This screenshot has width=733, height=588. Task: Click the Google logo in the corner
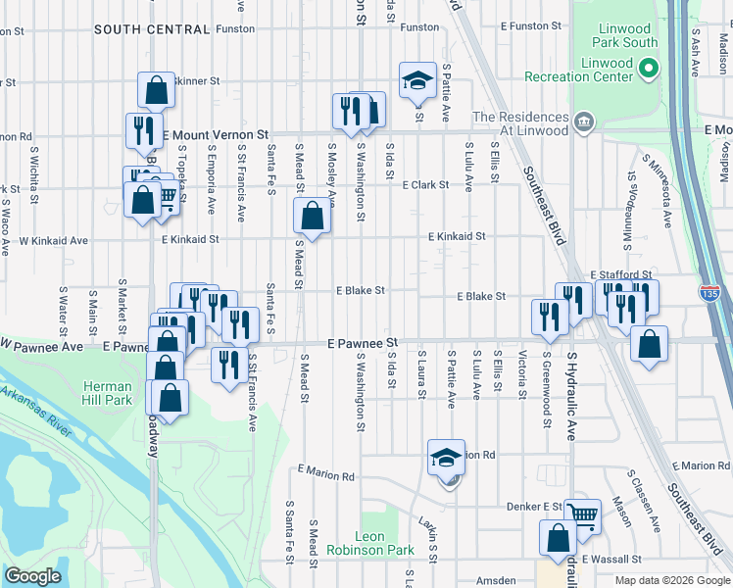point(32,576)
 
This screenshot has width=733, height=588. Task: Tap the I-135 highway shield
point(709,292)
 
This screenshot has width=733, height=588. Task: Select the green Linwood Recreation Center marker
point(648,68)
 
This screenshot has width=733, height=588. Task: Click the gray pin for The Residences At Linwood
point(584,122)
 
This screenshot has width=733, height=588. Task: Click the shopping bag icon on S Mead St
point(312,216)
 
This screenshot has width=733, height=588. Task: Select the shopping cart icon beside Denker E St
point(582,515)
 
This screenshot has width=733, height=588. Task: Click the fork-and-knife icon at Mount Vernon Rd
point(144,130)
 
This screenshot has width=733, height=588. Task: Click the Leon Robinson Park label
point(384,544)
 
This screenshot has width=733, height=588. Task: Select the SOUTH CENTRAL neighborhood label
point(152,29)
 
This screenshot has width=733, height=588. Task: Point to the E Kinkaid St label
point(456,236)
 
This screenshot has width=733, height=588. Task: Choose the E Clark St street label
point(423,184)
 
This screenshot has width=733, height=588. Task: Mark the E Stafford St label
point(620,275)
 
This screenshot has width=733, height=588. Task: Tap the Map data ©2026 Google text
point(671,580)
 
